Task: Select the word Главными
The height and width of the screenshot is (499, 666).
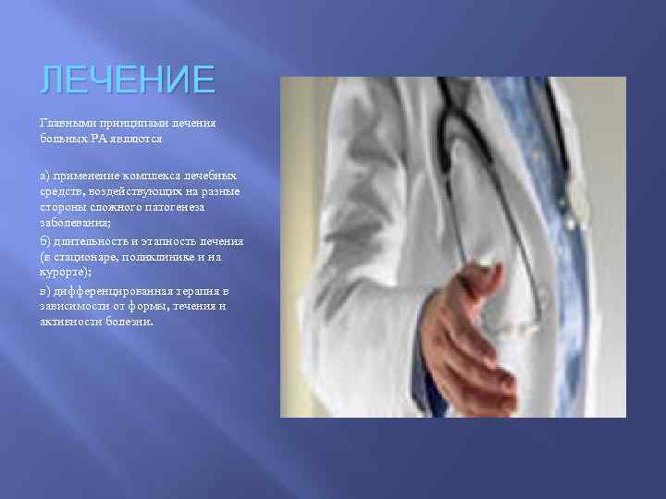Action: (63, 123)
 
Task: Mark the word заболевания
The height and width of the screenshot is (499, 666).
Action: (74, 220)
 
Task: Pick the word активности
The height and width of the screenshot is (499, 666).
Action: (68, 322)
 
